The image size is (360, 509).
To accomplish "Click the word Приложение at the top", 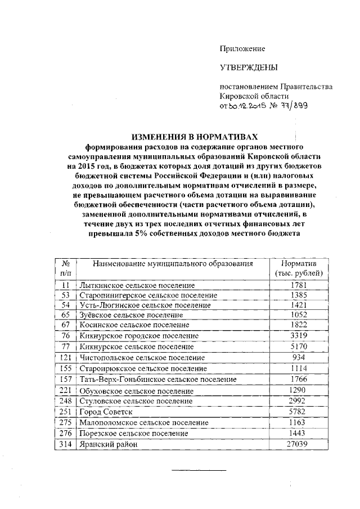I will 242,49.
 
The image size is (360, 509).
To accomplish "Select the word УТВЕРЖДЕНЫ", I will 249,68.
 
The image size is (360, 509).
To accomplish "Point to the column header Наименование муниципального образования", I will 173,263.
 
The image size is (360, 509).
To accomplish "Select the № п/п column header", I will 65,268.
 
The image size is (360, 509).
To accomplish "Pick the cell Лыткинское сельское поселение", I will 133,285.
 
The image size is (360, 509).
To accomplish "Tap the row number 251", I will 65,412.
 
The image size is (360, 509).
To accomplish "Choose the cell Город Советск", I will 106,412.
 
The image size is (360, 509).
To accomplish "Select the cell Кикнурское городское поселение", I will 139,336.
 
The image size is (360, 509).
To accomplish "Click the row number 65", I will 65,315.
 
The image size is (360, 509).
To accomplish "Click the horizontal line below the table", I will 199,470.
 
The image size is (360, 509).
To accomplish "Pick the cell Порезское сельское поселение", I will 134,434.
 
